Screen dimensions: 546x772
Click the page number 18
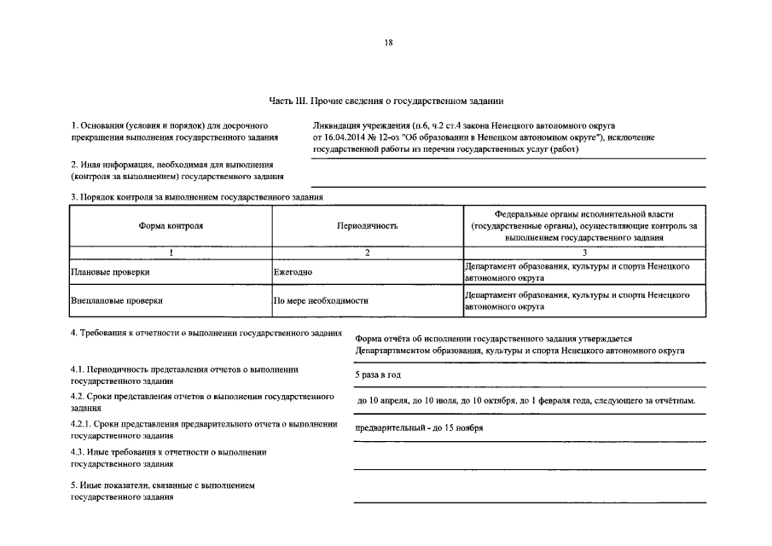pyautogui.click(x=388, y=43)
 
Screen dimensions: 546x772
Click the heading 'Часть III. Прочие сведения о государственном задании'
pyautogui.click(x=386, y=101)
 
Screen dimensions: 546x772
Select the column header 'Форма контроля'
pyautogui.click(x=171, y=226)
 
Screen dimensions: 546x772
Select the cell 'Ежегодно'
pyautogui.click(x=293, y=272)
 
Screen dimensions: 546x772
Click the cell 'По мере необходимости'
pyautogui.click(x=321, y=301)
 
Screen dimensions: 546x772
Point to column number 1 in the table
pyautogui.click(x=171, y=253)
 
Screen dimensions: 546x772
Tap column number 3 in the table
pyautogui.click(x=584, y=253)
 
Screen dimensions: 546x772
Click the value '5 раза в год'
pyautogui.click(x=378, y=375)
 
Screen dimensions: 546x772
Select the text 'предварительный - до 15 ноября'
pyautogui.click(x=420, y=428)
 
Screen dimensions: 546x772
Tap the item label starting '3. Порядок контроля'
pyautogui.click(x=197, y=198)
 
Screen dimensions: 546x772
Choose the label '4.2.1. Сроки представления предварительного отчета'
pyautogui.click(x=205, y=424)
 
